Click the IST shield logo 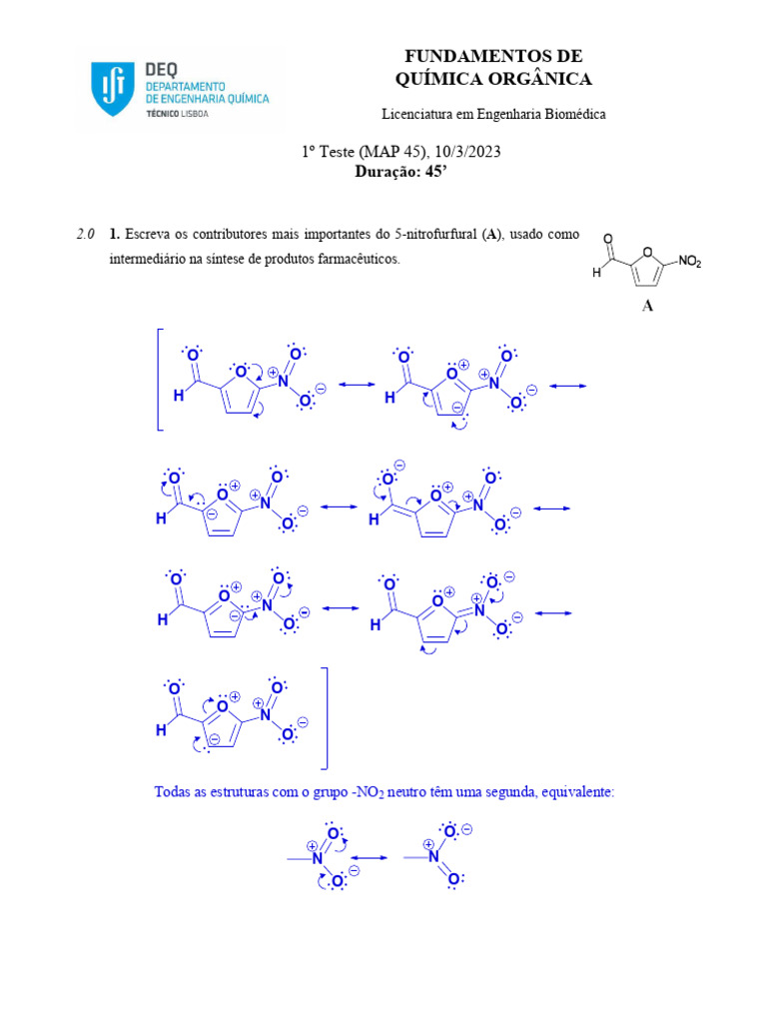(x=109, y=88)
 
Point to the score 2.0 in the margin (x=85, y=235)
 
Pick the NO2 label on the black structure (x=690, y=262)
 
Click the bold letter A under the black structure (x=647, y=307)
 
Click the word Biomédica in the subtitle (x=573, y=114)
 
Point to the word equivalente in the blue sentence (x=577, y=791)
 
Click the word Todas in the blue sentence (x=172, y=791)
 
